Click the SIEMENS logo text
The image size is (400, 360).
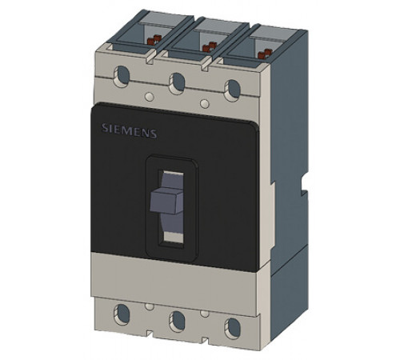[x=129, y=130]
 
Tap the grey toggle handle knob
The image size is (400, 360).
[x=167, y=200]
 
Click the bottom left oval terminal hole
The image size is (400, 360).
[x=122, y=312]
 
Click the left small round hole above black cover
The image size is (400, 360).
[x=149, y=97]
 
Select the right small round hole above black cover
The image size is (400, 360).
[x=205, y=104]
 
